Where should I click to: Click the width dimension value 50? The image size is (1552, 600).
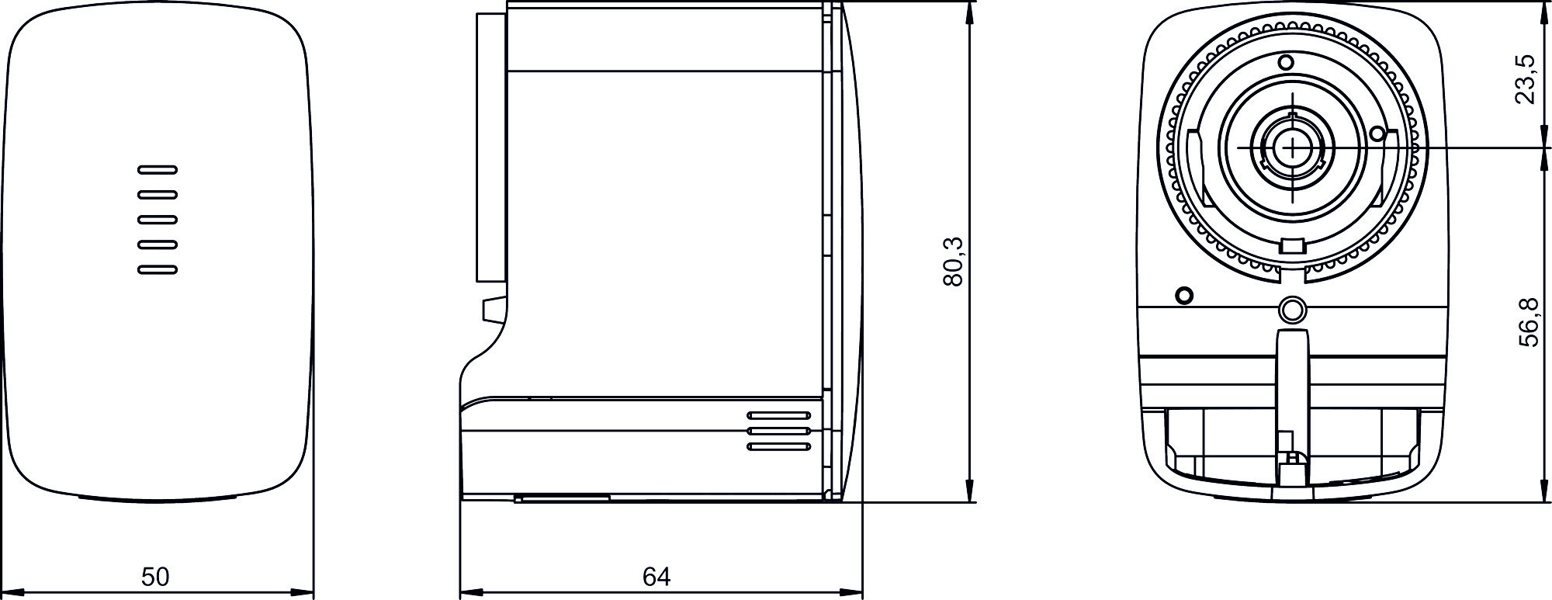click(155, 576)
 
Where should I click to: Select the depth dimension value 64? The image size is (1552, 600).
click(656, 576)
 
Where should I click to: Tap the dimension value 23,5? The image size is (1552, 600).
click(1526, 78)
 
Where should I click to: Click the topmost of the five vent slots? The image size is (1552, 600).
click(158, 169)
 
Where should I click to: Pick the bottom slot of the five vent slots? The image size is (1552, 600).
click(158, 270)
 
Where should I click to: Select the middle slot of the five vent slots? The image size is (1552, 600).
click(158, 220)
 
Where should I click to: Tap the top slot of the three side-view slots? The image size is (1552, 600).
click(779, 415)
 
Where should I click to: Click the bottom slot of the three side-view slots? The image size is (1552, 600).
click(779, 446)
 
